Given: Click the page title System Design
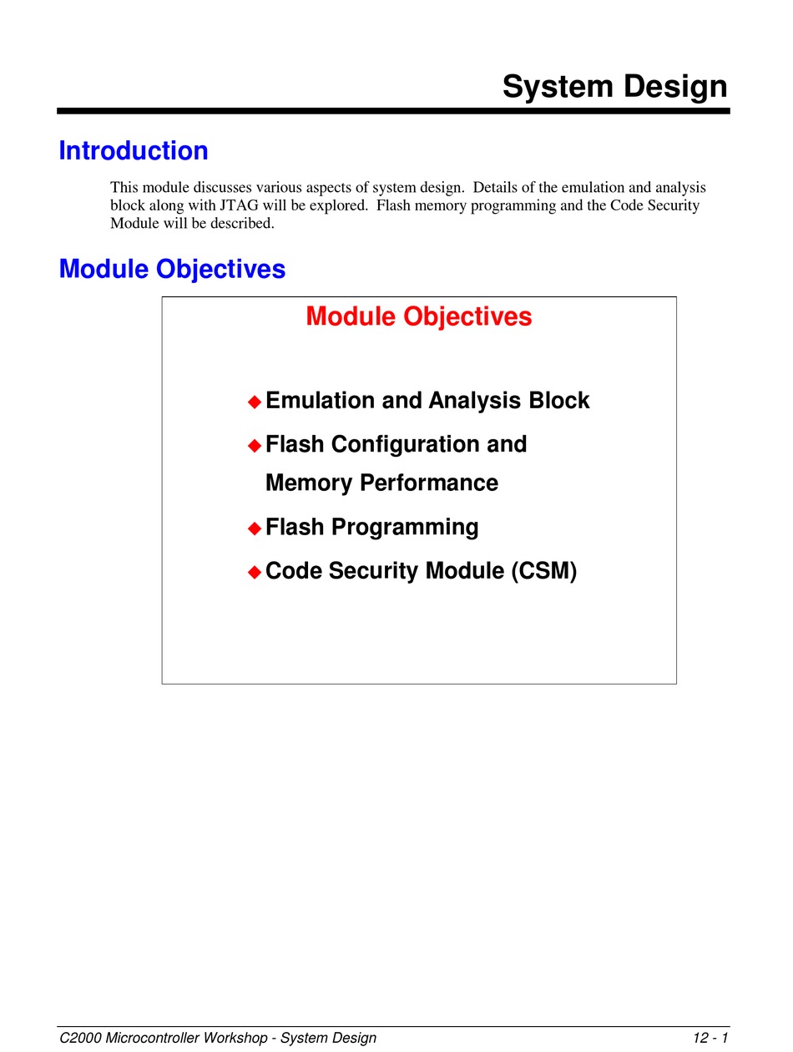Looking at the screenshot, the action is point(614,86).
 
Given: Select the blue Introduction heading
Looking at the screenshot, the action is point(134,150).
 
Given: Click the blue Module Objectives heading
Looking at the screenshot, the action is point(172,269).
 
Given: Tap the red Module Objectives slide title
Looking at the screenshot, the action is point(419,316).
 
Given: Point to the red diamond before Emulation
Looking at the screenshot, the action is point(255,402).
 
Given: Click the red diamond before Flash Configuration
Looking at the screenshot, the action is point(255,446).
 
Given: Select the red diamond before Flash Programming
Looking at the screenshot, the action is point(255,529).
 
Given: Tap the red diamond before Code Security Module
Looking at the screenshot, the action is point(255,572).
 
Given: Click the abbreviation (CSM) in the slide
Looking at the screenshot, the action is point(544,571).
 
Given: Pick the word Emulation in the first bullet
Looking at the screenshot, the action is point(320,400).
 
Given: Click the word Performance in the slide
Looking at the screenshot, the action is point(429,483).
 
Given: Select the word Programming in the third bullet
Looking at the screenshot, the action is point(405,527).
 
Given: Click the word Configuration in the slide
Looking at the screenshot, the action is point(406,445).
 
